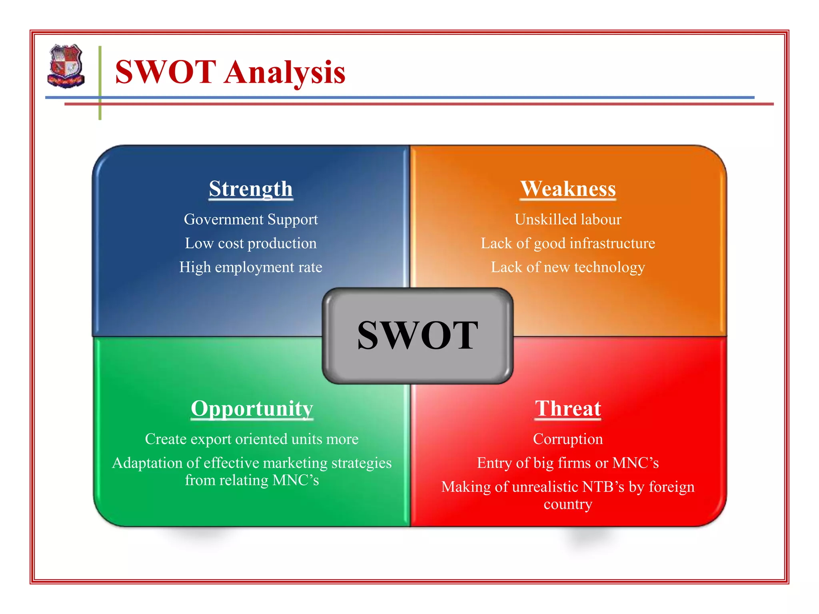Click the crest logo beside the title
[66, 66]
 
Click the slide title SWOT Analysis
[230, 72]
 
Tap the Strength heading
[251, 189]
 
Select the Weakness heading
[568, 189]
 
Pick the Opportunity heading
[252, 409]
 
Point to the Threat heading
[568, 409]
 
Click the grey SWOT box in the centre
[417, 336]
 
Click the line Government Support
[251, 219]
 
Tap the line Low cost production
[251, 243]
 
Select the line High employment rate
[251, 267]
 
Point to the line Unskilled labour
[568, 219]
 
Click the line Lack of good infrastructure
[568, 243]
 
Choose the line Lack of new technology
[568, 267]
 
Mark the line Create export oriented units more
[252, 439]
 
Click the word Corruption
[568, 439]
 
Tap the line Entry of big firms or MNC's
[568, 463]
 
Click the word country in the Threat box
[568, 504]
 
